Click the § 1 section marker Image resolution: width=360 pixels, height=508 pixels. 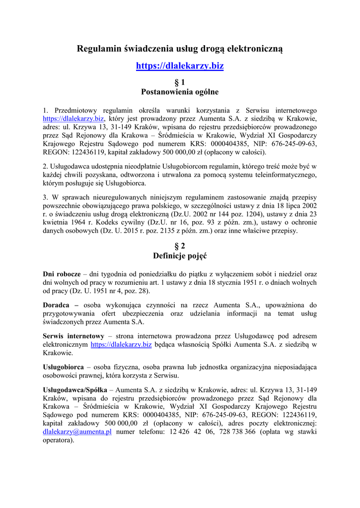(180, 82)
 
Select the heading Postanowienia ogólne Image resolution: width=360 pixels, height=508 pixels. (180, 92)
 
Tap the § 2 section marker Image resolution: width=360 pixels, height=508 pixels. (180, 246)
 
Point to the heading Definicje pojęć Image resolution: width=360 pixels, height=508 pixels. (180, 256)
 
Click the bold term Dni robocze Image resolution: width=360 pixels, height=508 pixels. (62, 274)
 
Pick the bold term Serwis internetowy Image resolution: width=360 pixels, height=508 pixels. (73, 336)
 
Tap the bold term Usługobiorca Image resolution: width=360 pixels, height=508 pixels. (63, 367)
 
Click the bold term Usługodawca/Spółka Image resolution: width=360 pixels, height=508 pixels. (75, 389)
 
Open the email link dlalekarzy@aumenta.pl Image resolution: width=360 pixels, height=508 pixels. (77, 432)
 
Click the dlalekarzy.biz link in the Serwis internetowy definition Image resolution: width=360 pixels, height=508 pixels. (121, 344)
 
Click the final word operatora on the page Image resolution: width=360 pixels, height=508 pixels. (58, 440)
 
